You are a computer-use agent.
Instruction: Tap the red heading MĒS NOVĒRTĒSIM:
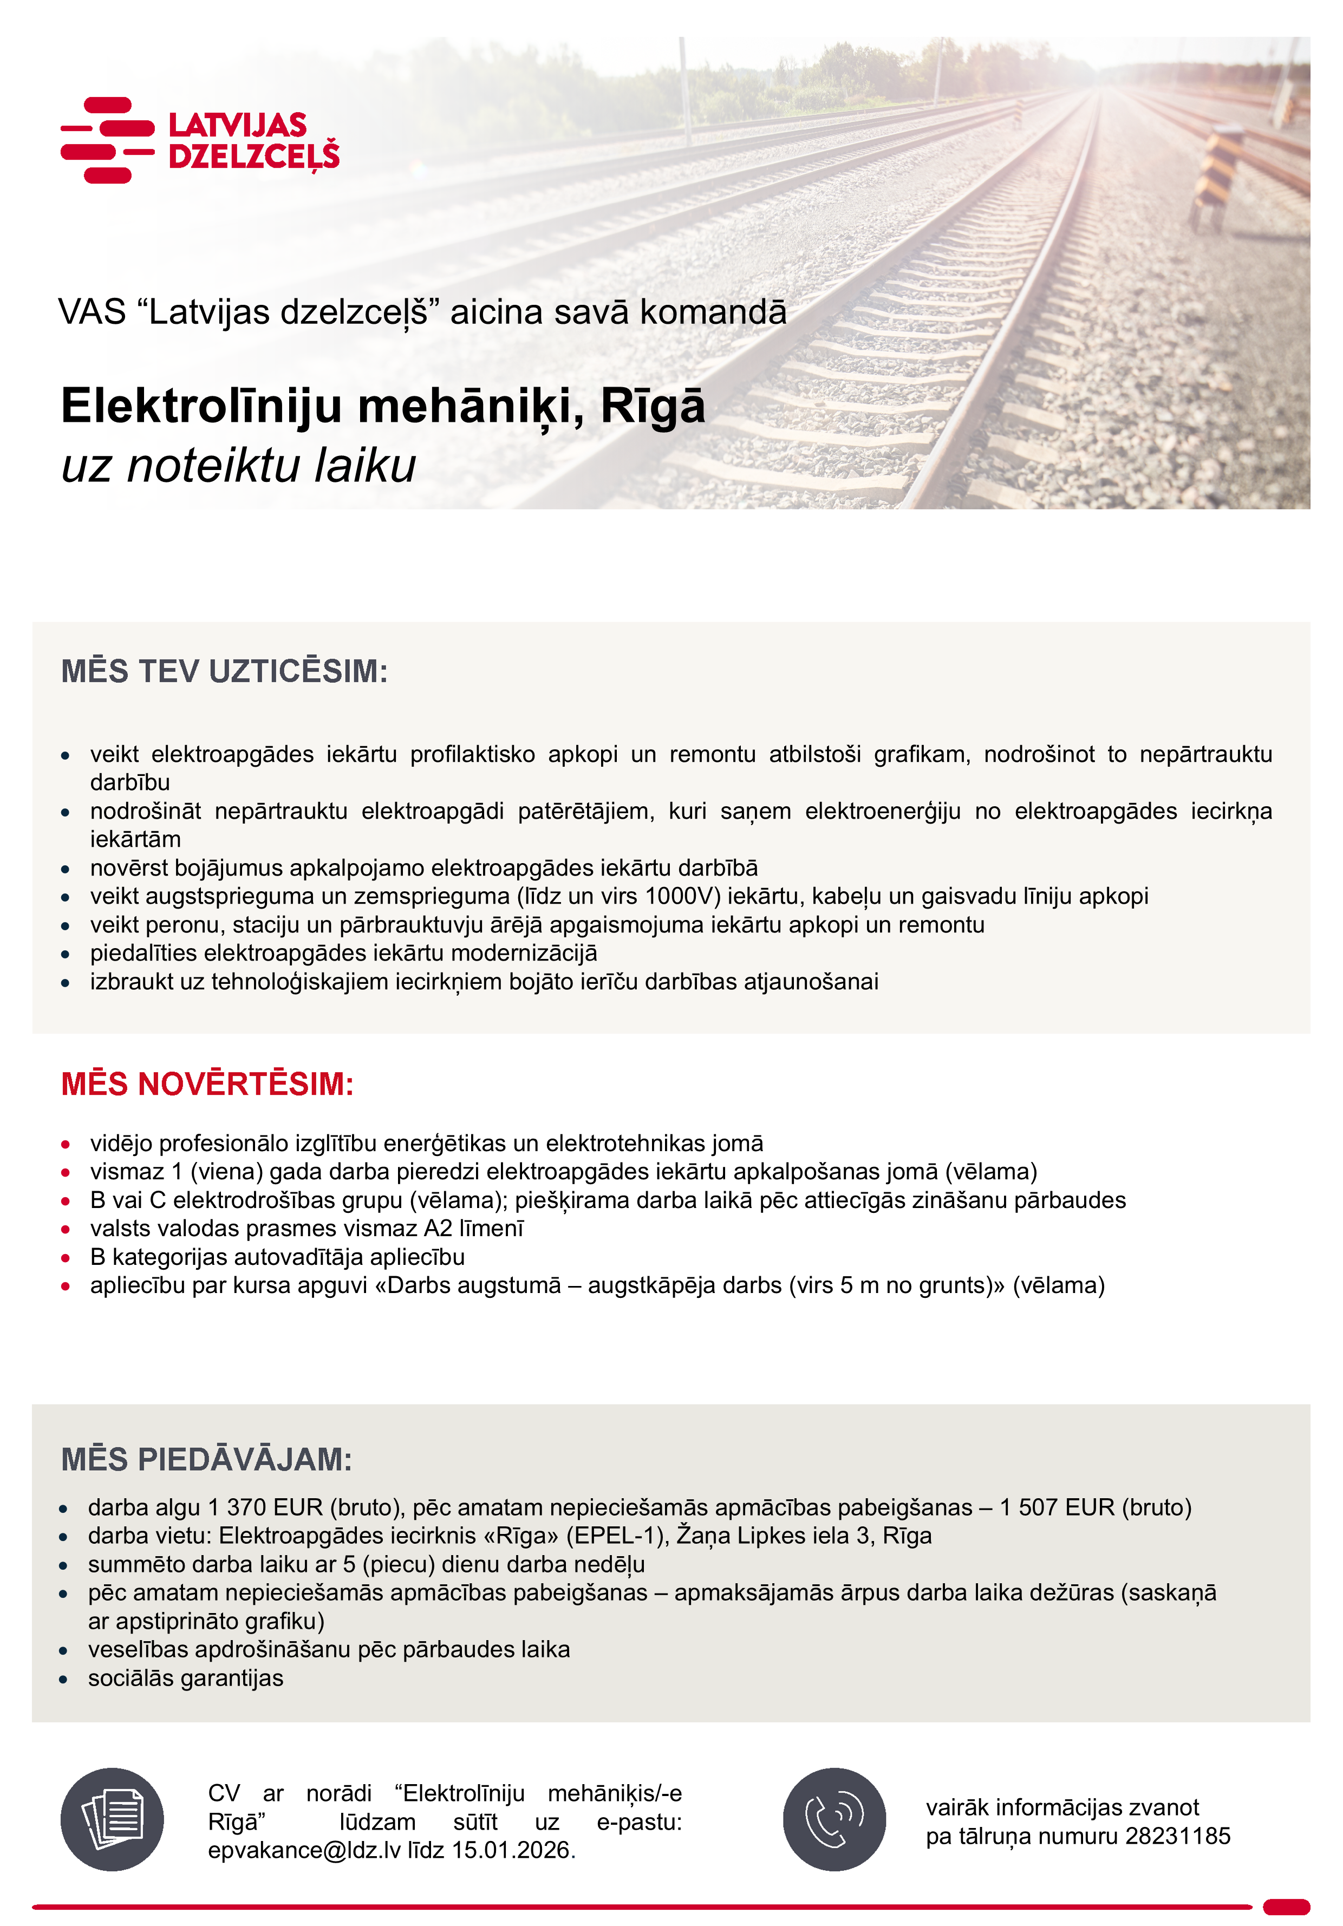pos(207,1084)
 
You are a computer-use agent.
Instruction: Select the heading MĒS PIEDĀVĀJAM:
pos(206,1460)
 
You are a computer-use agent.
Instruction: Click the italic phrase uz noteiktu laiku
pos(238,466)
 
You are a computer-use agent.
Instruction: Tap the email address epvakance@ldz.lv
pos(304,1851)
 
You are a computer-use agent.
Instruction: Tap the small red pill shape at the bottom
pos(1286,1906)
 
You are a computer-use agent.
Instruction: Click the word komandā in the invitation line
pos(713,312)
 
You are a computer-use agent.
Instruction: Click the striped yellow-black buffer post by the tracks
pos(1216,176)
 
